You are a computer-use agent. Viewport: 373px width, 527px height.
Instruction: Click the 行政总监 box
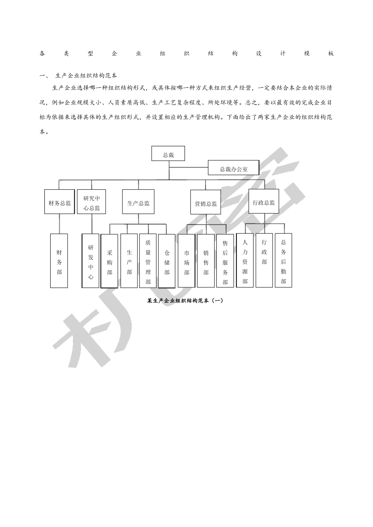pos(264,202)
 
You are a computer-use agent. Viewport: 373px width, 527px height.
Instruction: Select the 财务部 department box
pos(59,261)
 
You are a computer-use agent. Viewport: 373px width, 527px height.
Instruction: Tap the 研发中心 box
pos(91,261)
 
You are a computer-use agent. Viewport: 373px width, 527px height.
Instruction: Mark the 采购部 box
pos(110,261)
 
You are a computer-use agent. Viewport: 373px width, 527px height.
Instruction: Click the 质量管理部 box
pos(148,261)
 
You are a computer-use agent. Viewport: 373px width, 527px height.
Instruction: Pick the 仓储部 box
pos(167,261)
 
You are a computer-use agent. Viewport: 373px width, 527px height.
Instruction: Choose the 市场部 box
pos(186,261)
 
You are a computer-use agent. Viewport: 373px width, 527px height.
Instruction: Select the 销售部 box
pos(206,261)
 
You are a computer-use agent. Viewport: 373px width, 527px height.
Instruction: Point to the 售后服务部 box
pos(225,261)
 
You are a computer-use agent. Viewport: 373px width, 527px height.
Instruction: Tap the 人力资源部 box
pos(245,260)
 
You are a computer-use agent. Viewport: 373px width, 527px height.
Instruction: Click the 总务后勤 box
pos(283,260)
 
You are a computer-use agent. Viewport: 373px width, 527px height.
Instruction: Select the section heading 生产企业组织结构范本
pos(86,75)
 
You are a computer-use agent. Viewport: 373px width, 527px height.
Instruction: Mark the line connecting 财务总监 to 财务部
pos(60,224)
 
